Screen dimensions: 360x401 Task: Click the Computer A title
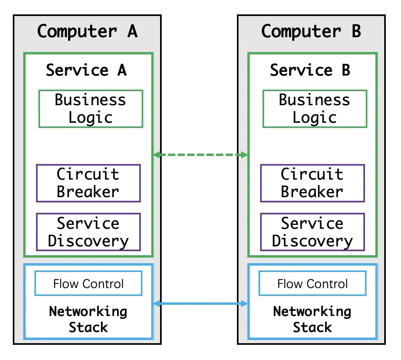(x=87, y=31)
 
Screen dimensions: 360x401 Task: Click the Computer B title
(x=311, y=31)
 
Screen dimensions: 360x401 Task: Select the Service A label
(x=86, y=70)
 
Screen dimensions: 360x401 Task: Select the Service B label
(x=311, y=70)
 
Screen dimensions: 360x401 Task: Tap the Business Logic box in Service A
(x=91, y=109)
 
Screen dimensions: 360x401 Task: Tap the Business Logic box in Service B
(x=315, y=109)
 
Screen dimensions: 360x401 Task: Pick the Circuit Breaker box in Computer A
(x=88, y=183)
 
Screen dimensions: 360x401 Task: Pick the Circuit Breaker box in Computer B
(x=313, y=183)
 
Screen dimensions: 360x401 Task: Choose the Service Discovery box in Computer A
(x=88, y=232)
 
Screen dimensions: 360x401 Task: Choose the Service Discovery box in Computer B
(x=313, y=232)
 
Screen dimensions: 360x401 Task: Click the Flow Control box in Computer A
(x=88, y=284)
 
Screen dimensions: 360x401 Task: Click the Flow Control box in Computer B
(x=313, y=284)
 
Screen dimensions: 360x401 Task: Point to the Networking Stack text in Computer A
(x=88, y=319)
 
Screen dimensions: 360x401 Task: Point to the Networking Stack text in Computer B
(x=313, y=319)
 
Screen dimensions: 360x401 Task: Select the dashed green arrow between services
(x=200, y=155)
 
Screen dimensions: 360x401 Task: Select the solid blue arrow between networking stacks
(x=200, y=304)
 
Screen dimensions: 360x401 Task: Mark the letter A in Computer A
(x=132, y=31)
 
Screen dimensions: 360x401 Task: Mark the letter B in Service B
(x=346, y=70)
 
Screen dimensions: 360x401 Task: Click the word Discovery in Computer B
(x=313, y=241)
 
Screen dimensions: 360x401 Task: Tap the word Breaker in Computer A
(x=88, y=192)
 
